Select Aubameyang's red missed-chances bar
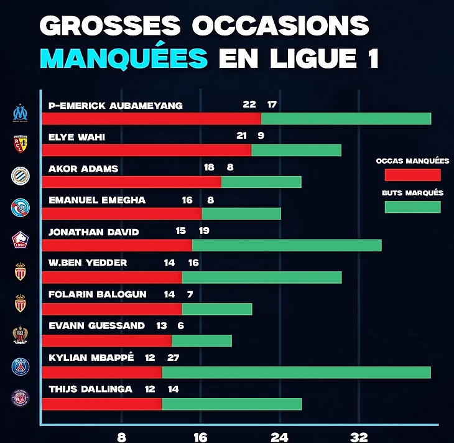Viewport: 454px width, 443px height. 151,118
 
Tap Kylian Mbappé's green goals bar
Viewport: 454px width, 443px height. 296,372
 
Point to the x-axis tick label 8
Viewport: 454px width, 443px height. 121,436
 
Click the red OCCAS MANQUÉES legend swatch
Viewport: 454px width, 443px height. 412,175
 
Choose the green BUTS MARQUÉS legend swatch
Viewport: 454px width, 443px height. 412,207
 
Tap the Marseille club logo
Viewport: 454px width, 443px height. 22,113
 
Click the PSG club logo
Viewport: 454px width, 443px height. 21,366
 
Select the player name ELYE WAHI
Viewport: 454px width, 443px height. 76,138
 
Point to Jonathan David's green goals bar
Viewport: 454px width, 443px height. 286,245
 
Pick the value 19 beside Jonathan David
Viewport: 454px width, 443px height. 203,231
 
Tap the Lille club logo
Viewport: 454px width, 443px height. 21,240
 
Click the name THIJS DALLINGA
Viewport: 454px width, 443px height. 90,389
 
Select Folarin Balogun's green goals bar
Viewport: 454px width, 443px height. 216,309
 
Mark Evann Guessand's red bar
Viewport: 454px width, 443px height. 106,340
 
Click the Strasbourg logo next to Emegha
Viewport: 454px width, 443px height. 21,208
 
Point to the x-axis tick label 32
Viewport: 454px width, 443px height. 360,436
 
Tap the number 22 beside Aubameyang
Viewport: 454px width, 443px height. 249,104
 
